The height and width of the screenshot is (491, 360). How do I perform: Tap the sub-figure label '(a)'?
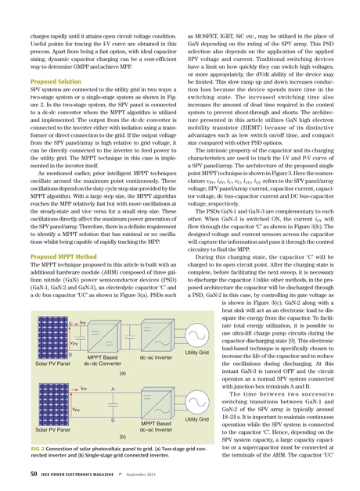click(123, 374)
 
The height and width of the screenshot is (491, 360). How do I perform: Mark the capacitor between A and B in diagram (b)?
click(113, 407)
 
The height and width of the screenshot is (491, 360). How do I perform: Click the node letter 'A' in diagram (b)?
click(113, 389)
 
